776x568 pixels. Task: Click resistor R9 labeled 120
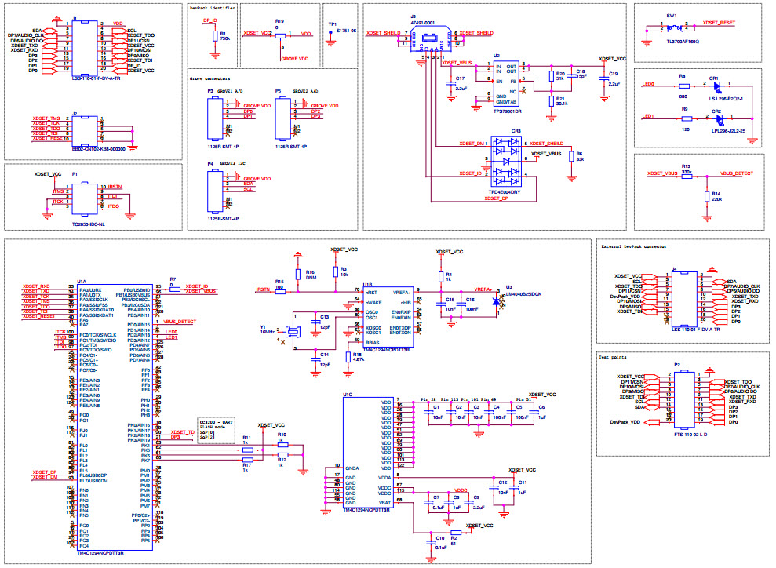(x=684, y=118)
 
